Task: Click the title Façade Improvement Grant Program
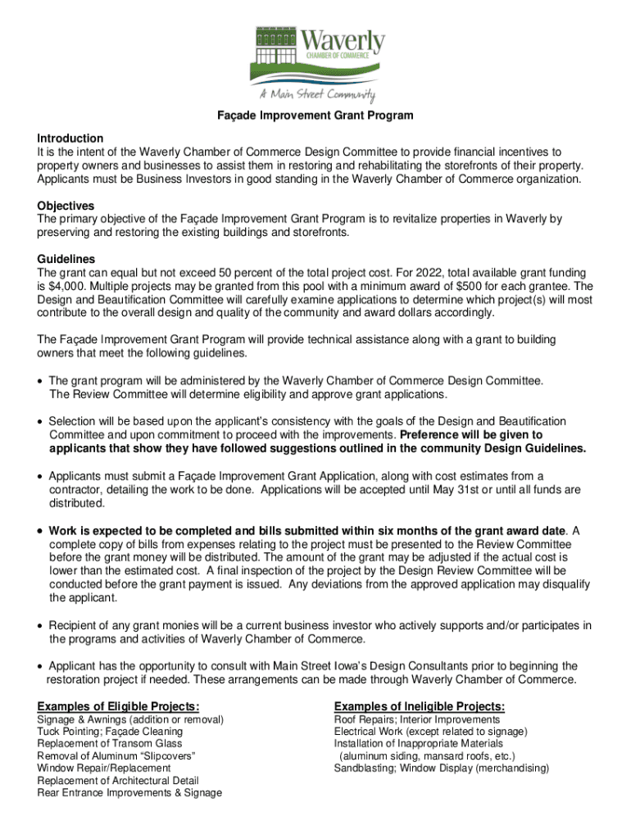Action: tap(315, 116)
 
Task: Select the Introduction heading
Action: tap(70, 138)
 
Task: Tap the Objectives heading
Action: tap(66, 206)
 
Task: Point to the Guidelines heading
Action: tap(66, 259)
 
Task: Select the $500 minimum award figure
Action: tap(460, 286)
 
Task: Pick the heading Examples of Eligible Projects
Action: tap(119, 706)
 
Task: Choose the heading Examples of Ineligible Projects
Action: tap(419, 706)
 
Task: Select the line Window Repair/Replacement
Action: tap(104, 768)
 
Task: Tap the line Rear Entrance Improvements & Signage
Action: tap(129, 792)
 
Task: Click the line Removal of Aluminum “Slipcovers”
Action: tap(116, 755)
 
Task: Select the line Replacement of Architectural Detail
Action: tap(118, 780)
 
